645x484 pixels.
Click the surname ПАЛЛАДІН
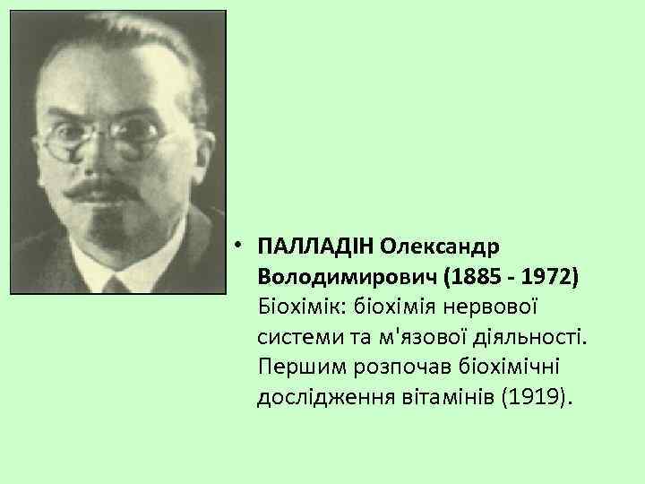point(314,245)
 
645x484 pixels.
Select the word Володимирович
point(345,275)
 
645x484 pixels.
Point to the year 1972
point(545,275)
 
